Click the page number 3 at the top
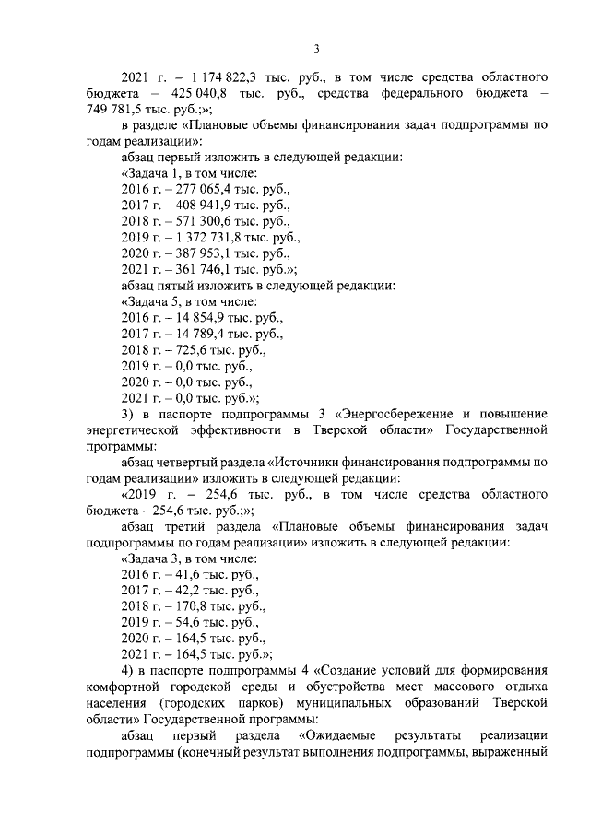(x=315, y=49)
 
